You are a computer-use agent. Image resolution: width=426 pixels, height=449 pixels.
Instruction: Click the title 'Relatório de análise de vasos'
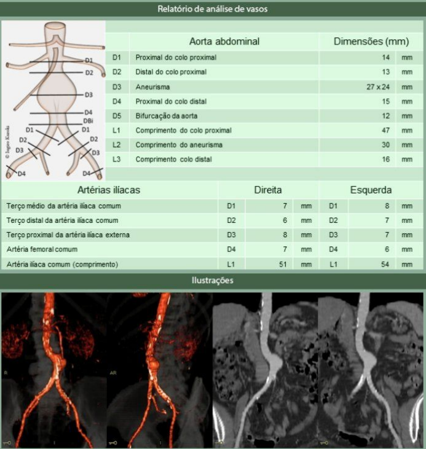click(x=213, y=9)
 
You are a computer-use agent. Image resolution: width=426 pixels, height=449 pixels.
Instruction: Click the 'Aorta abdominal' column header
click(x=224, y=42)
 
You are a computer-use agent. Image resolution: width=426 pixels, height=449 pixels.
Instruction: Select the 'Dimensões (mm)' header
click(x=371, y=42)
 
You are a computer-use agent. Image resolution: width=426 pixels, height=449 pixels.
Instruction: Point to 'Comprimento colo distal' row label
click(x=174, y=160)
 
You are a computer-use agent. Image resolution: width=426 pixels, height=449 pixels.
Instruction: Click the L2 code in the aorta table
click(x=117, y=145)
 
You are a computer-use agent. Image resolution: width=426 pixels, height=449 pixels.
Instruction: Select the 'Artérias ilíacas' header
click(x=109, y=190)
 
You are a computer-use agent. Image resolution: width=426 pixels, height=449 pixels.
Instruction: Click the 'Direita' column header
click(x=268, y=190)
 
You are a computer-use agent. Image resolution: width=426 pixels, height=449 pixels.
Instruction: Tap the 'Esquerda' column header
click(x=371, y=190)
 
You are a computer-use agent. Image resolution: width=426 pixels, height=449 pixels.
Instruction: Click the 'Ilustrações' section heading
click(x=213, y=281)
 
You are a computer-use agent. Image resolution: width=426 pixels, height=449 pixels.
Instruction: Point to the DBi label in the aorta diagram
click(x=88, y=121)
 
